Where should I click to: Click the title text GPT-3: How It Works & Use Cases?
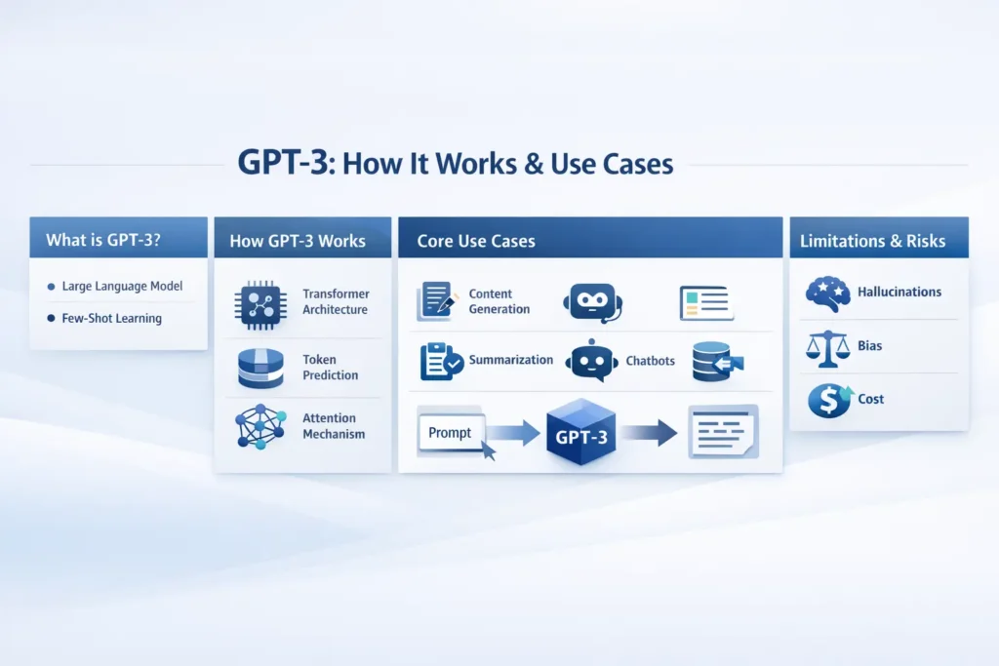(456, 163)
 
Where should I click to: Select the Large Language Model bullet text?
(122, 287)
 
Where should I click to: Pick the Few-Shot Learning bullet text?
(111, 319)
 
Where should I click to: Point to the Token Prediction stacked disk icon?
(260, 369)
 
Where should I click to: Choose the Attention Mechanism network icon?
(260, 426)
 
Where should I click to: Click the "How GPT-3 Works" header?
(298, 241)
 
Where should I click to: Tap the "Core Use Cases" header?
(476, 241)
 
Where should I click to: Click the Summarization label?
(510, 360)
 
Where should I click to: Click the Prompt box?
(451, 432)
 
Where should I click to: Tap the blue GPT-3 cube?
(581, 435)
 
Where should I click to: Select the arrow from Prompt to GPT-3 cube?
(514, 432)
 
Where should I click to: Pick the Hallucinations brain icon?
(828, 293)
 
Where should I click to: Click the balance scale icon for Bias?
(827, 346)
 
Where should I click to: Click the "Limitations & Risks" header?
(872, 241)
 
